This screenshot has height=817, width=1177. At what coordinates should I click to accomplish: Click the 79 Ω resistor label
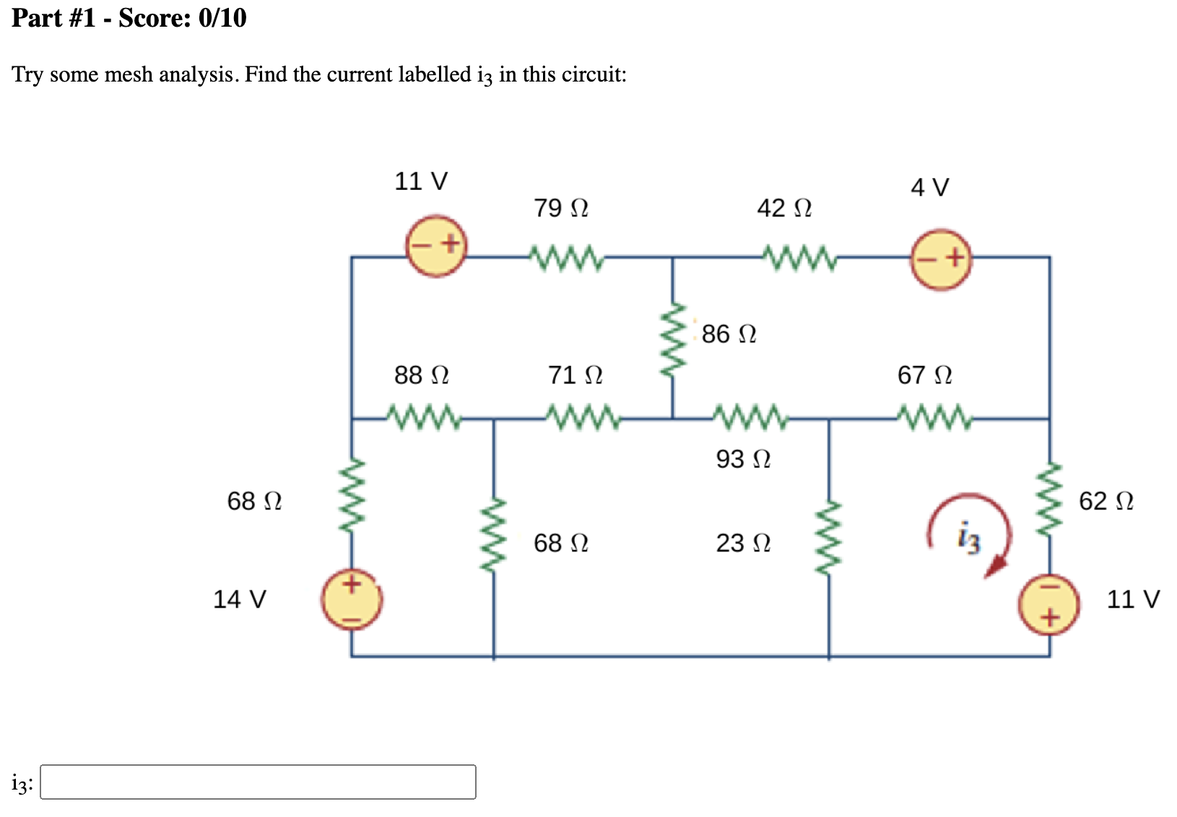[560, 208]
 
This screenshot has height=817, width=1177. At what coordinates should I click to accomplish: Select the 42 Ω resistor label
[783, 208]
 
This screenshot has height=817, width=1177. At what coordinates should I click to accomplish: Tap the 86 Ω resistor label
[728, 333]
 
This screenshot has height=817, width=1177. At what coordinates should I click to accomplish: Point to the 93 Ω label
[742, 458]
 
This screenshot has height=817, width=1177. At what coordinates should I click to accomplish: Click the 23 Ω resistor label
[742, 542]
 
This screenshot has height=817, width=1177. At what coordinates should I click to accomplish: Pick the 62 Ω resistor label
[1106, 500]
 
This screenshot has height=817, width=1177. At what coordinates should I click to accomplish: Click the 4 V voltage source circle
[941, 258]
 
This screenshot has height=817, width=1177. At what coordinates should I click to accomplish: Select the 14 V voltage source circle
[352, 599]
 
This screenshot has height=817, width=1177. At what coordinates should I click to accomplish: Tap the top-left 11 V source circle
[435, 244]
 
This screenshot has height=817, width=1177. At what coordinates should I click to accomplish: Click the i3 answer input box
[258, 782]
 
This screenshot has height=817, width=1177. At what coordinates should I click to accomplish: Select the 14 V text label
[239, 599]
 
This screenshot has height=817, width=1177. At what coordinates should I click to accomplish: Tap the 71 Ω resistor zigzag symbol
[582, 417]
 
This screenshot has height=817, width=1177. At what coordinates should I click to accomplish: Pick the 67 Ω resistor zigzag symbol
[934, 417]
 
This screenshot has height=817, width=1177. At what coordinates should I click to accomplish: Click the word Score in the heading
[151, 17]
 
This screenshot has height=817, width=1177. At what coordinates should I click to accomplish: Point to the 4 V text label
[929, 188]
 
